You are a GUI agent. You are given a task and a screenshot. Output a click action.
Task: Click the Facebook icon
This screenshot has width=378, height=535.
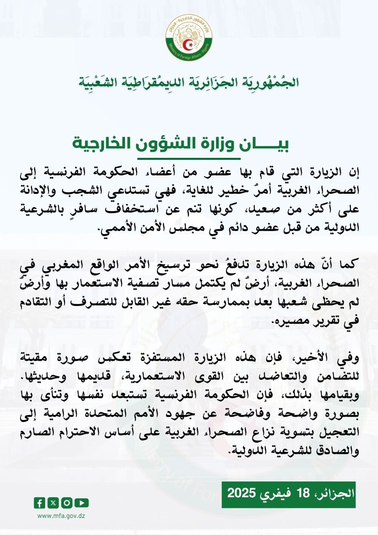click(x=39, y=503)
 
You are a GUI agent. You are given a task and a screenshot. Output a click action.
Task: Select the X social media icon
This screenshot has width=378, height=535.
click(x=53, y=503)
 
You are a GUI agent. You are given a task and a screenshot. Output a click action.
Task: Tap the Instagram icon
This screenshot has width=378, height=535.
click(x=67, y=503)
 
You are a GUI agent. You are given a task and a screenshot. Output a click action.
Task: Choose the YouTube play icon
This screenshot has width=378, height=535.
click(x=82, y=503)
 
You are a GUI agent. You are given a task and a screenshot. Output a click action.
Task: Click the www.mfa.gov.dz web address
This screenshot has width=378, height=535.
click(x=61, y=516)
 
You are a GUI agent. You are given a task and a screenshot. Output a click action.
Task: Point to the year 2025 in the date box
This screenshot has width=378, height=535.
click(x=242, y=493)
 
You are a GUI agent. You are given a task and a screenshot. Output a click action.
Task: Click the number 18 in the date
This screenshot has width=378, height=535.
click(x=303, y=493)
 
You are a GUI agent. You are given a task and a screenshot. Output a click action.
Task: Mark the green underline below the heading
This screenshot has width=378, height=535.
click(x=189, y=158)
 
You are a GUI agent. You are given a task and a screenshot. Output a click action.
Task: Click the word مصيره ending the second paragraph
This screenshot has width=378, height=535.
click(x=291, y=321)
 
